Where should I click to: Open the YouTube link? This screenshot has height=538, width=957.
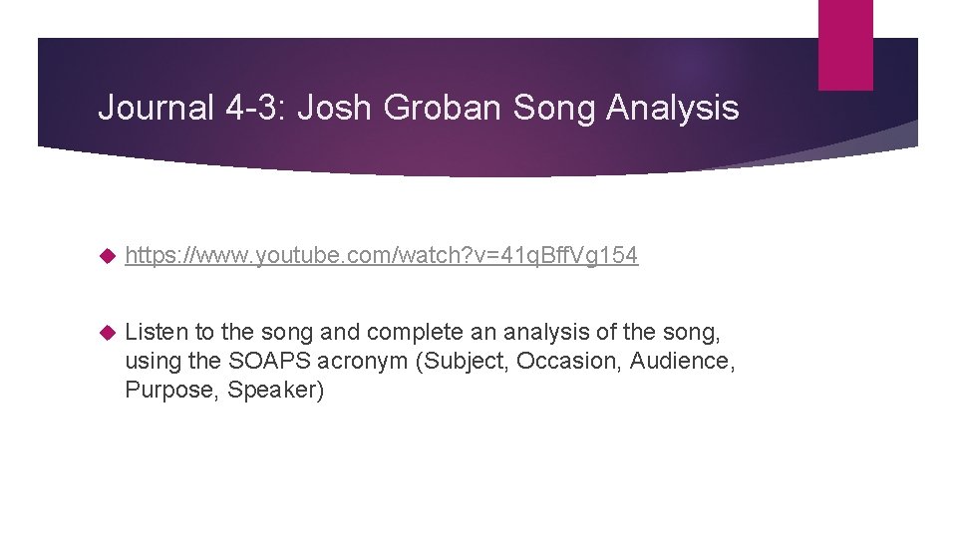coord(382,256)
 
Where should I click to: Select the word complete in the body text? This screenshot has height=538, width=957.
coord(401,331)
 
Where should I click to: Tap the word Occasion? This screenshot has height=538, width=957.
coord(569,360)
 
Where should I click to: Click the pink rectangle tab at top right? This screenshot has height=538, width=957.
coord(845,45)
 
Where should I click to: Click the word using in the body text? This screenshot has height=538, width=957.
coord(154,361)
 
